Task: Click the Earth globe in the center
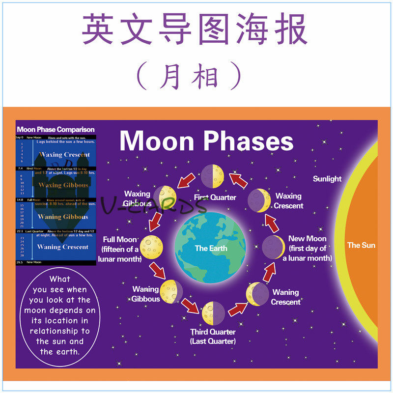point(211,248)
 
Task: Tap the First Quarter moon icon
point(212,176)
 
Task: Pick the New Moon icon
point(273,246)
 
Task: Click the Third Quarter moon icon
point(214,313)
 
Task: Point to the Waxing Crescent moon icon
point(258,199)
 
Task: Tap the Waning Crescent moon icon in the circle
point(257,294)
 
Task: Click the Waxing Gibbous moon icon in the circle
point(165,196)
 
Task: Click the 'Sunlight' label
point(327,179)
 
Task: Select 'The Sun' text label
point(361,245)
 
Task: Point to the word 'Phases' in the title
point(249,141)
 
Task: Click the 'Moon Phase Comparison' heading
point(56,130)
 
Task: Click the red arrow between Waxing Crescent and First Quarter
point(239,180)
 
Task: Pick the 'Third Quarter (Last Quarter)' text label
point(213,337)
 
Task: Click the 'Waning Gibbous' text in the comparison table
point(63,217)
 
